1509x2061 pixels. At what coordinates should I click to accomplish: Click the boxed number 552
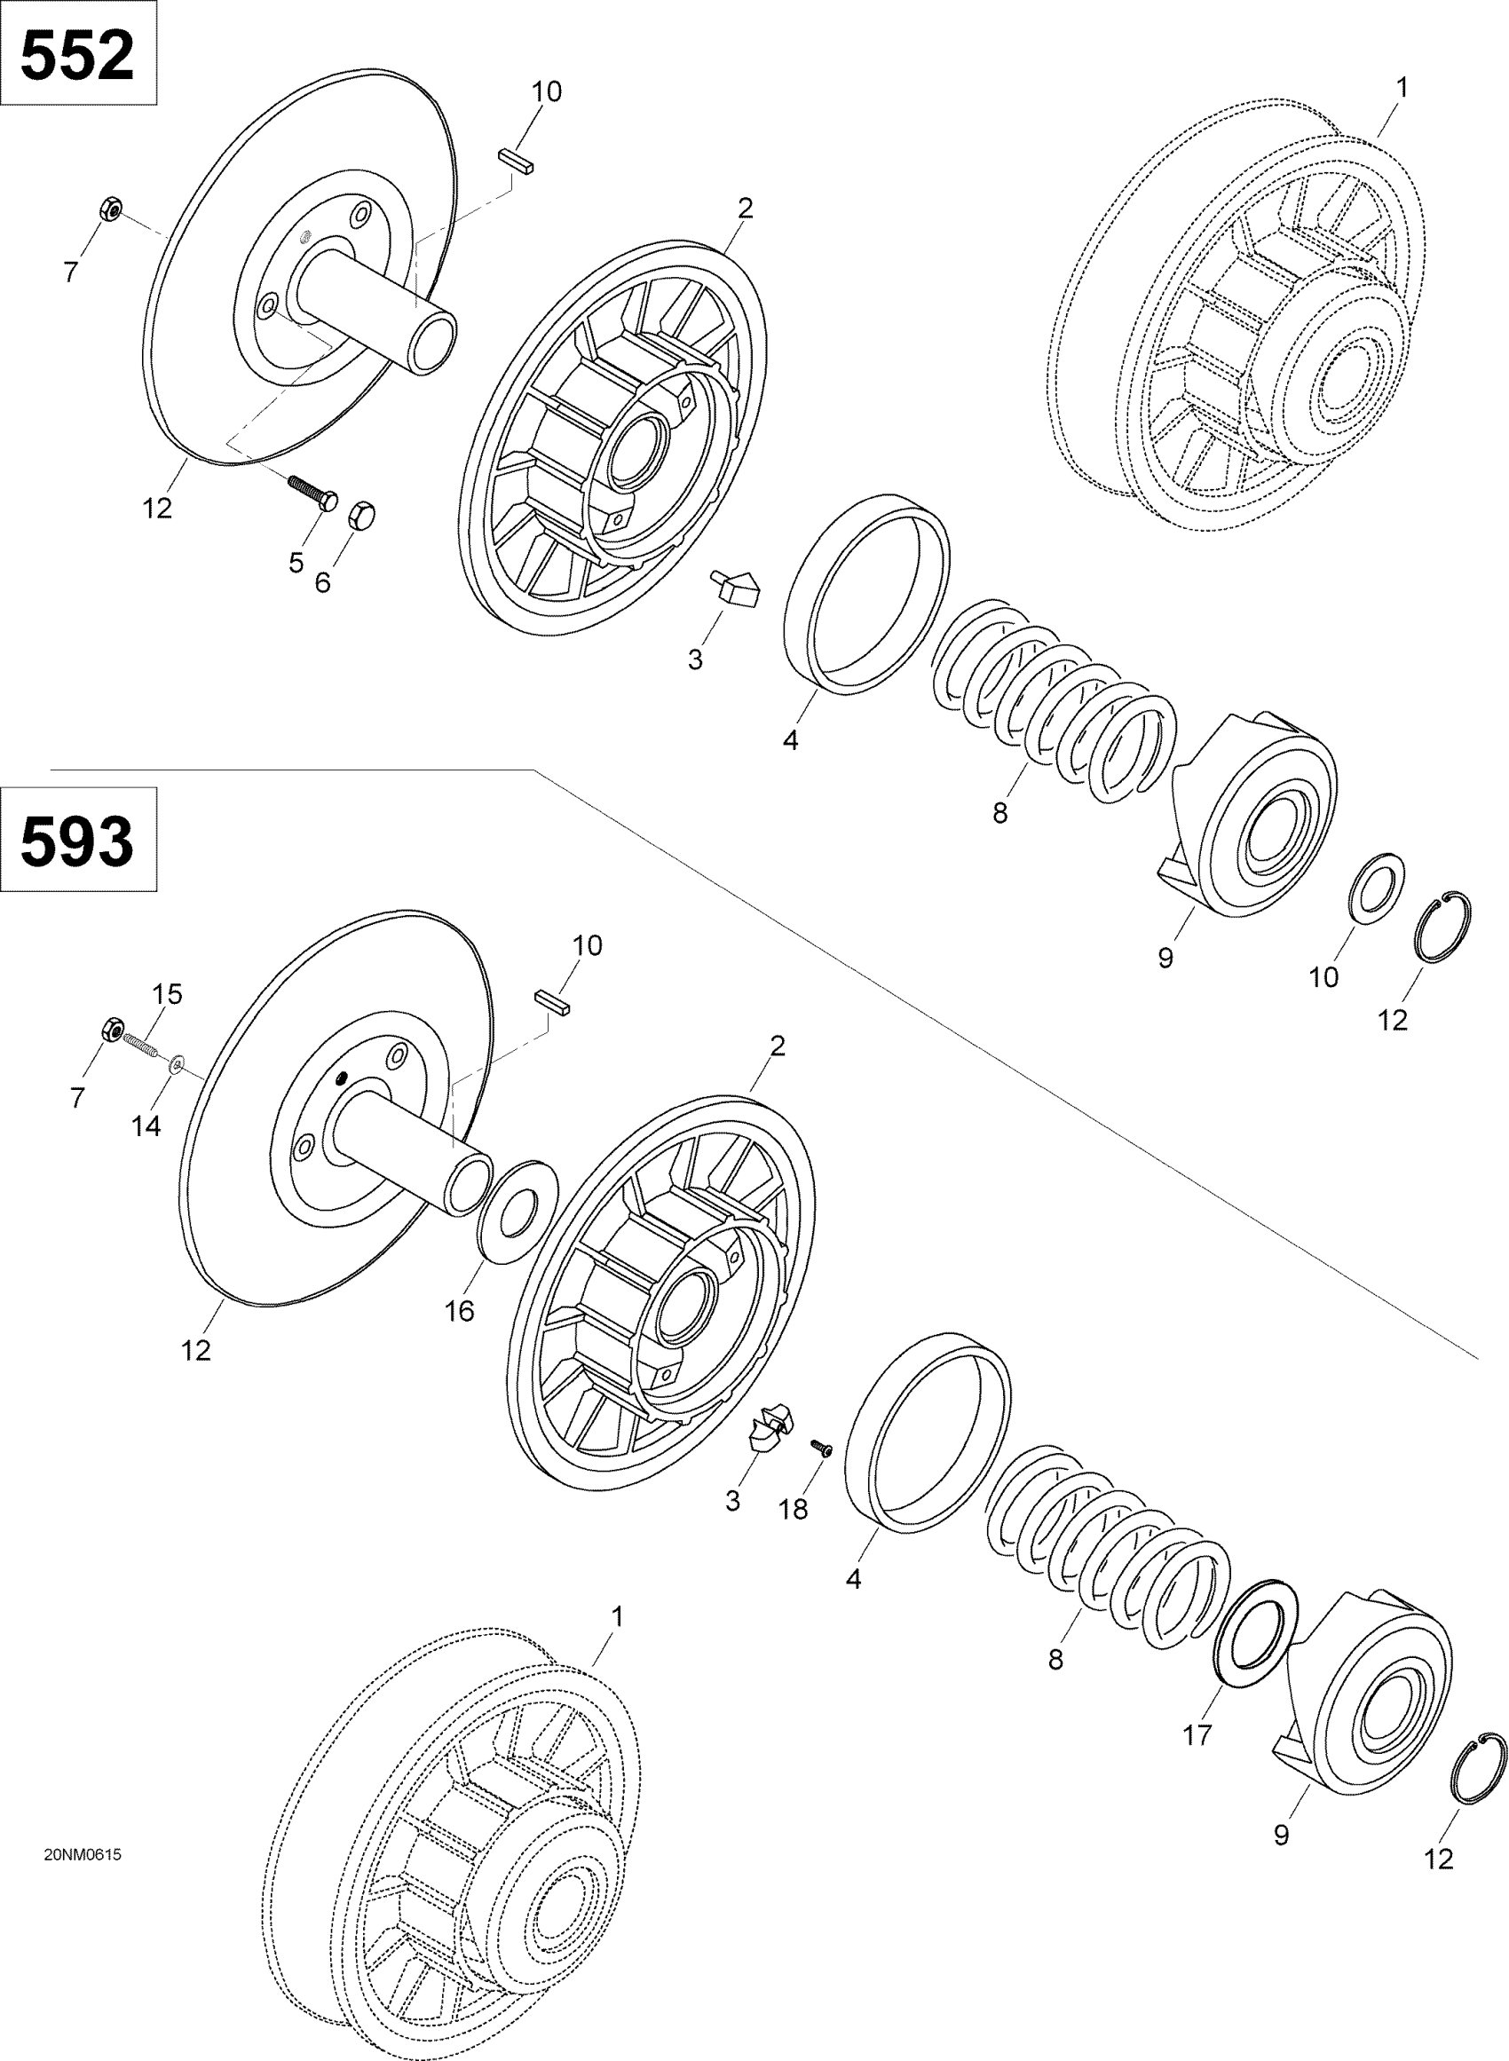pyautogui.click(x=77, y=56)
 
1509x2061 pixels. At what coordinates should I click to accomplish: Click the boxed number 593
pyautogui.click(x=77, y=841)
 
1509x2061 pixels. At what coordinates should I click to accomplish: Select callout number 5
pyautogui.click(x=296, y=564)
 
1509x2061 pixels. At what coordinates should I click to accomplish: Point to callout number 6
pyautogui.click(x=322, y=582)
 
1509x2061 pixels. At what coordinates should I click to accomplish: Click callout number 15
pyautogui.click(x=167, y=993)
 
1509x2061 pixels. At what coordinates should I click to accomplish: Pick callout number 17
pyautogui.click(x=1197, y=1735)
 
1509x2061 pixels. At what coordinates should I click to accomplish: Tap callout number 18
pyautogui.click(x=794, y=1510)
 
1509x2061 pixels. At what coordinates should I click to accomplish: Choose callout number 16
pyautogui.click(x=460, y=1311)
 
